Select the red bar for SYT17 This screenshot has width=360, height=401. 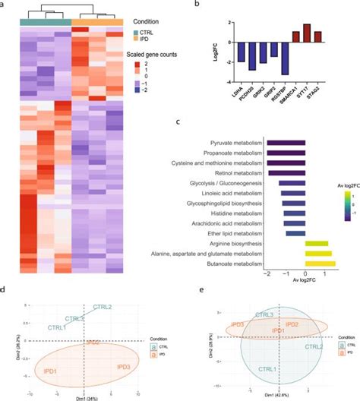pyautogui.click(x=307, y=33)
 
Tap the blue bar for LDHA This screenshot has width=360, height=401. pyautogui.click(x=242, y=52)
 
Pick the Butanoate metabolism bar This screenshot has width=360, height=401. pyautogui.click(x=319, y=264)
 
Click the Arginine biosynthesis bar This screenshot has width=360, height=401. pyautogui.click(x=316, y=244)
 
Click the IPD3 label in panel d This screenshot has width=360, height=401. pyautogui.click(x=125, y=367)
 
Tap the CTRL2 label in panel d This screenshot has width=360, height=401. pyautogui.click(x=103, y=307)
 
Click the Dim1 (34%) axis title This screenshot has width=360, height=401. pyautogui.click(x=85, y=397)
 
